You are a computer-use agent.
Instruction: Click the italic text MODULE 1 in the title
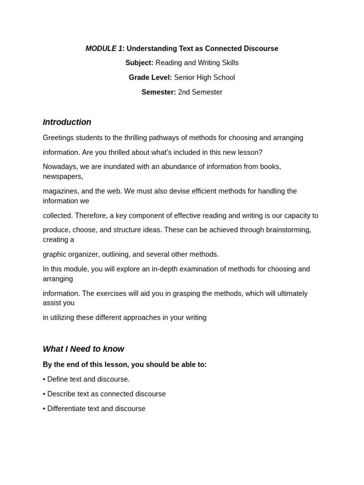(104, 48)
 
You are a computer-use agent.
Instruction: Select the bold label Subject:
(139, 63)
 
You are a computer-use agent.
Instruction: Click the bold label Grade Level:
(150, 78)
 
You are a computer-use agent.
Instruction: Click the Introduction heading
(67, 122)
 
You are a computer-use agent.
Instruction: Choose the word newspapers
(62, 177)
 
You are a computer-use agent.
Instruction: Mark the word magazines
(60, 191)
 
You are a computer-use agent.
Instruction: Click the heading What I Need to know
(83, 349)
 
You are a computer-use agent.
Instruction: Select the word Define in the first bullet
(58, 379)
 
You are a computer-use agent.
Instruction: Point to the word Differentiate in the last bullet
(68, 409)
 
